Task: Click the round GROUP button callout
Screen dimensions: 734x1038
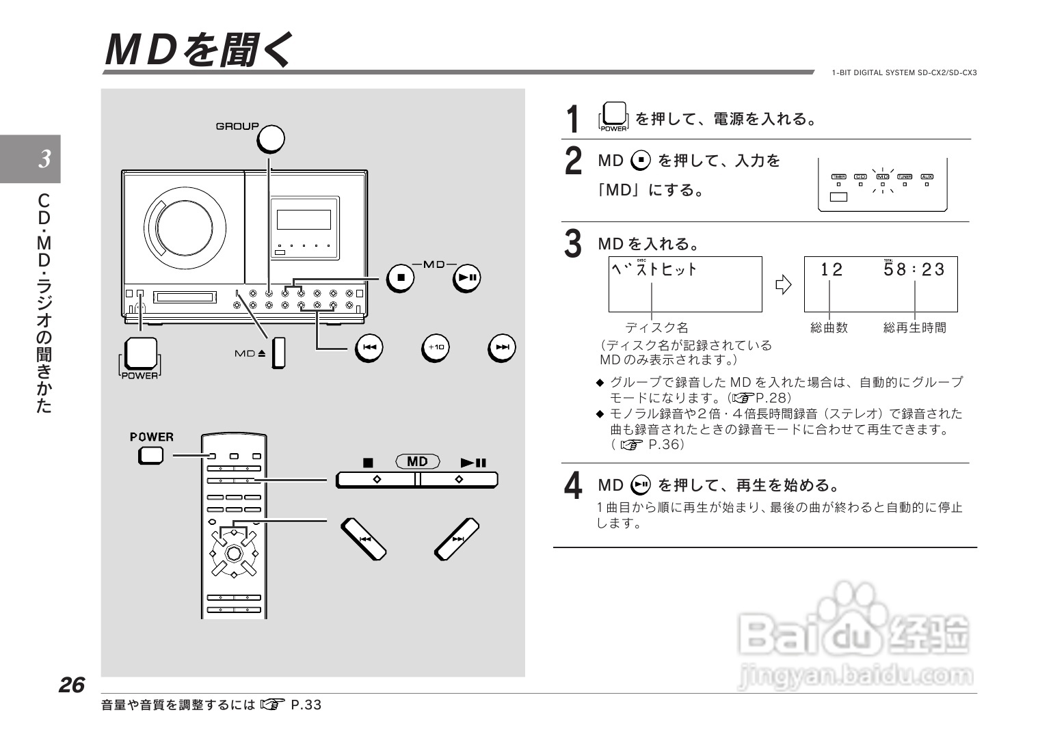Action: pos(270,139)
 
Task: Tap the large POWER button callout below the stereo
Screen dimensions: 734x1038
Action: pos(140,353)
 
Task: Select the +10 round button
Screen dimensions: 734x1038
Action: pos(436,348)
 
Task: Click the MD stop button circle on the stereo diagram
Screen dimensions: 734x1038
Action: pos(401,277)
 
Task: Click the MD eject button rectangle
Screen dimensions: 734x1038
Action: pos(278,353)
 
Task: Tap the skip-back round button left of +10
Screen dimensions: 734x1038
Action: pos(369,348)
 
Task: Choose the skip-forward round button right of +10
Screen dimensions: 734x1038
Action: pos(502,348)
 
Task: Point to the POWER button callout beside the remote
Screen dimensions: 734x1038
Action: pos(151,455)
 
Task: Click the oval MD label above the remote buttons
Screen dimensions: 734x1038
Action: pos(417,462)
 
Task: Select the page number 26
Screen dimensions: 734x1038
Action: pos(71,685)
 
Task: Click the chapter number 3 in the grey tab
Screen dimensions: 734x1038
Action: pos(44,159)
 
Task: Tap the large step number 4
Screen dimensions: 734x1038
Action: pos(573,486)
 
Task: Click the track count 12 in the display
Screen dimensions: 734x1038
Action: pos(831,270)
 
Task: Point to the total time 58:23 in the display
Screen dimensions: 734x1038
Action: pos(914,270)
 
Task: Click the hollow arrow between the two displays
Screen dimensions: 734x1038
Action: pos(783,284)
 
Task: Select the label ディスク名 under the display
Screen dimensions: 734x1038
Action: pos(656,328)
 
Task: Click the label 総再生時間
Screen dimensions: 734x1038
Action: pos(915,328)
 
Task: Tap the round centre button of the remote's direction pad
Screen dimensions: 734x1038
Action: pos(233,552)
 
